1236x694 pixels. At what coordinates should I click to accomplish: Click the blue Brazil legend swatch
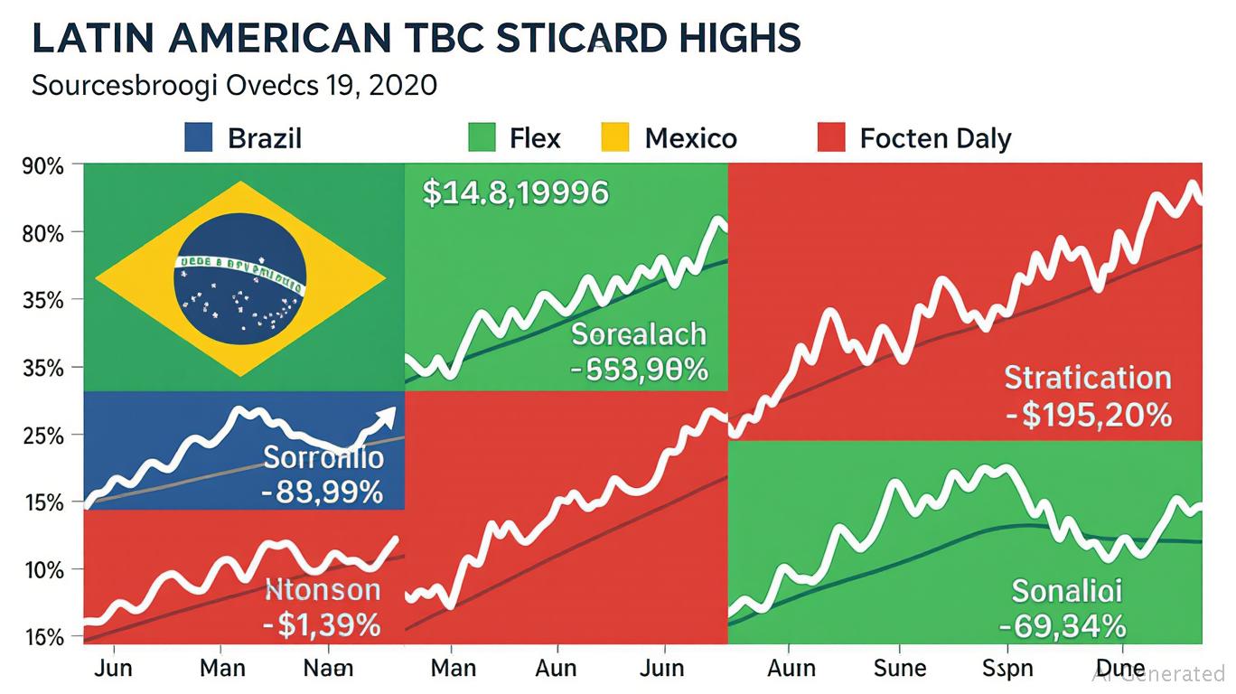[198, 138]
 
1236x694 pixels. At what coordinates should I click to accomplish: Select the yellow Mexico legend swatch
[613, 138]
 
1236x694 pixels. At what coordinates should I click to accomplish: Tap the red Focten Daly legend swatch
[830, 138]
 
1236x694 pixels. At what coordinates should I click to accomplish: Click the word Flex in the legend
[535, 138]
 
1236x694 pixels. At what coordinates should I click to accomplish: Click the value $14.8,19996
[515, 192]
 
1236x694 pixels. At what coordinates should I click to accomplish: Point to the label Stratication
[1088, 377]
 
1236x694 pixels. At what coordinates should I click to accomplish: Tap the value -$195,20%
[1088, 415]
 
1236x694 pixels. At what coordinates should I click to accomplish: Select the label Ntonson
[323, 591]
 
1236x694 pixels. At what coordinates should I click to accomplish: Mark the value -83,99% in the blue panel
[323, 493]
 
